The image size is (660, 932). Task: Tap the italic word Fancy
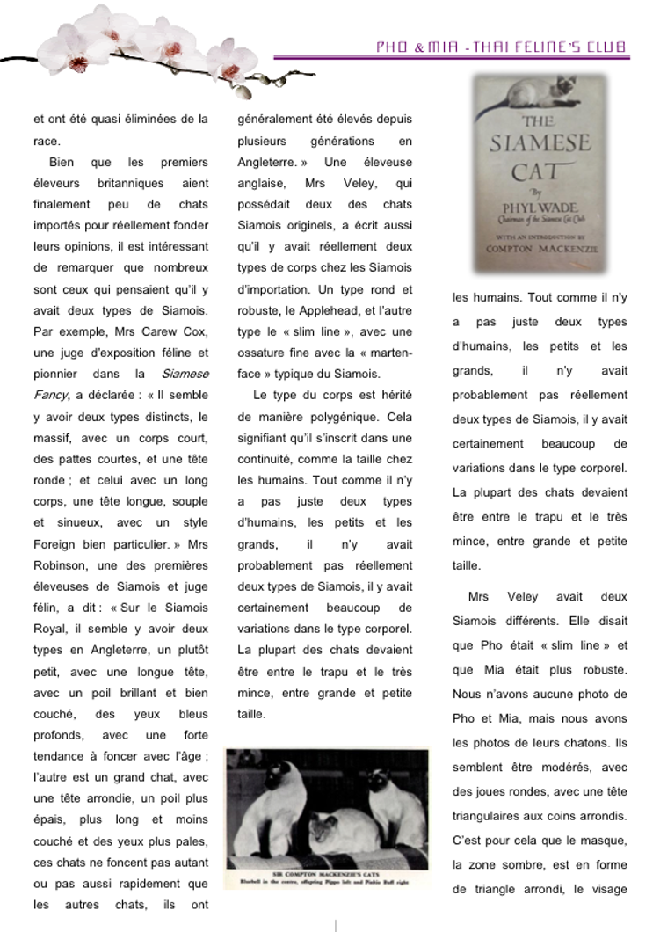pos(49,395)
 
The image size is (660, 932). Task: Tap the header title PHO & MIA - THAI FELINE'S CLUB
pos(502,47)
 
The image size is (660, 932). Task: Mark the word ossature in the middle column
pos(263,353)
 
